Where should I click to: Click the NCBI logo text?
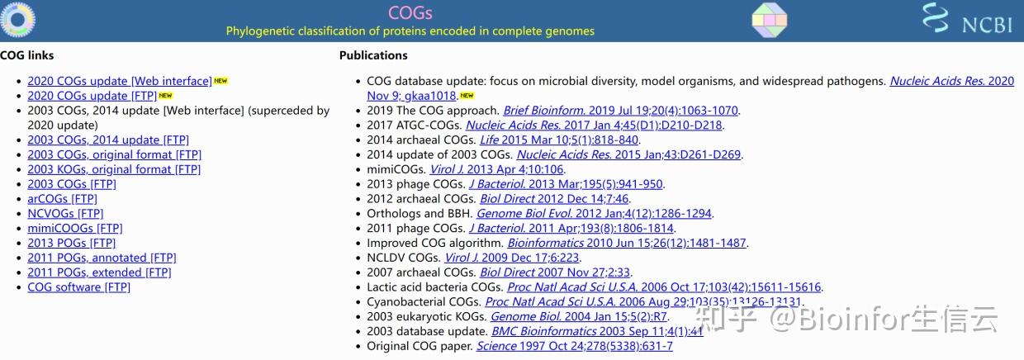tap(987, 25)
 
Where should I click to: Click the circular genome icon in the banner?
tap(18, 20)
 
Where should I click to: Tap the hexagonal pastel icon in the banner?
tap(770, 20)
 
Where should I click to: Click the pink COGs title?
tap(410, 12)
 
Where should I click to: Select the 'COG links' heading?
tap(27, 55)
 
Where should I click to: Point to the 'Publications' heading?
tap(373, 55)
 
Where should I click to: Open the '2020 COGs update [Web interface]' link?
tap(120, 81)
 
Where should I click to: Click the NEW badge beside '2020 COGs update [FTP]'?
tap(165, 96)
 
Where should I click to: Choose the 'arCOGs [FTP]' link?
tap(62, 199)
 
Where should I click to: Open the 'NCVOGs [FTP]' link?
tap(65, 213)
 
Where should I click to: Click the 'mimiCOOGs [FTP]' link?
tap(75, 228)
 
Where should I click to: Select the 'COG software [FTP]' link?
tap(78, 287)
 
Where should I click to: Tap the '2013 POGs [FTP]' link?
tap(71, 243)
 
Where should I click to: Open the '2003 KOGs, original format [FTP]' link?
tap(114, 169)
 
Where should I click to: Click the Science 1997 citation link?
tap(575, 346)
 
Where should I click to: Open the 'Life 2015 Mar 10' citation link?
tap(559, 140)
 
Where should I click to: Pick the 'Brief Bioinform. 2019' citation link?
tap(621, 110)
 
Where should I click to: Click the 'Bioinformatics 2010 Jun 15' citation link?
tap(627, 243)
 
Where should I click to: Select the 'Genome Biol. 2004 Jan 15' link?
tap(579, 316)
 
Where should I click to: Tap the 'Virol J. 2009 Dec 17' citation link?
tap(512, 258)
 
